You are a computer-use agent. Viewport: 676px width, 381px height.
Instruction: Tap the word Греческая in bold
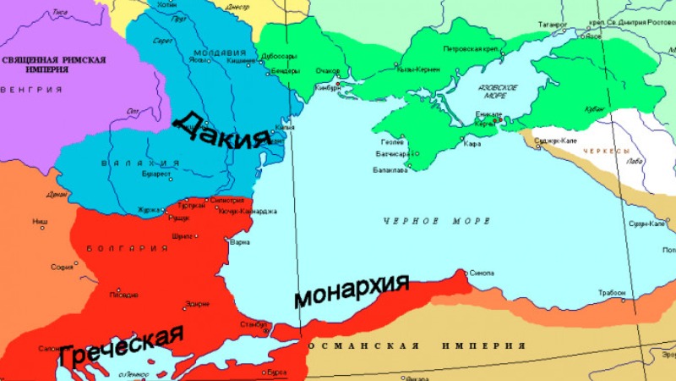(121, 346)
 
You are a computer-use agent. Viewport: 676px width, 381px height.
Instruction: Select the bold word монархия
(351, 291)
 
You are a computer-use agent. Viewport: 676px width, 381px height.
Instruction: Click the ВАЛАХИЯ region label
(139, 163)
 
